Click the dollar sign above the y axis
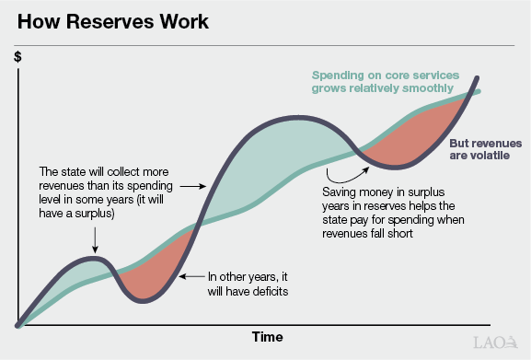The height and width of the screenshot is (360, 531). click(x=17, y=57)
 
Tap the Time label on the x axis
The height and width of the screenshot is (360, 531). click(x=267, y=337)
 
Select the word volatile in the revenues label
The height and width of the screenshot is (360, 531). click(x=478, y=158)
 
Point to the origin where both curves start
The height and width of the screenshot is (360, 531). click(x=18, y=323)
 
